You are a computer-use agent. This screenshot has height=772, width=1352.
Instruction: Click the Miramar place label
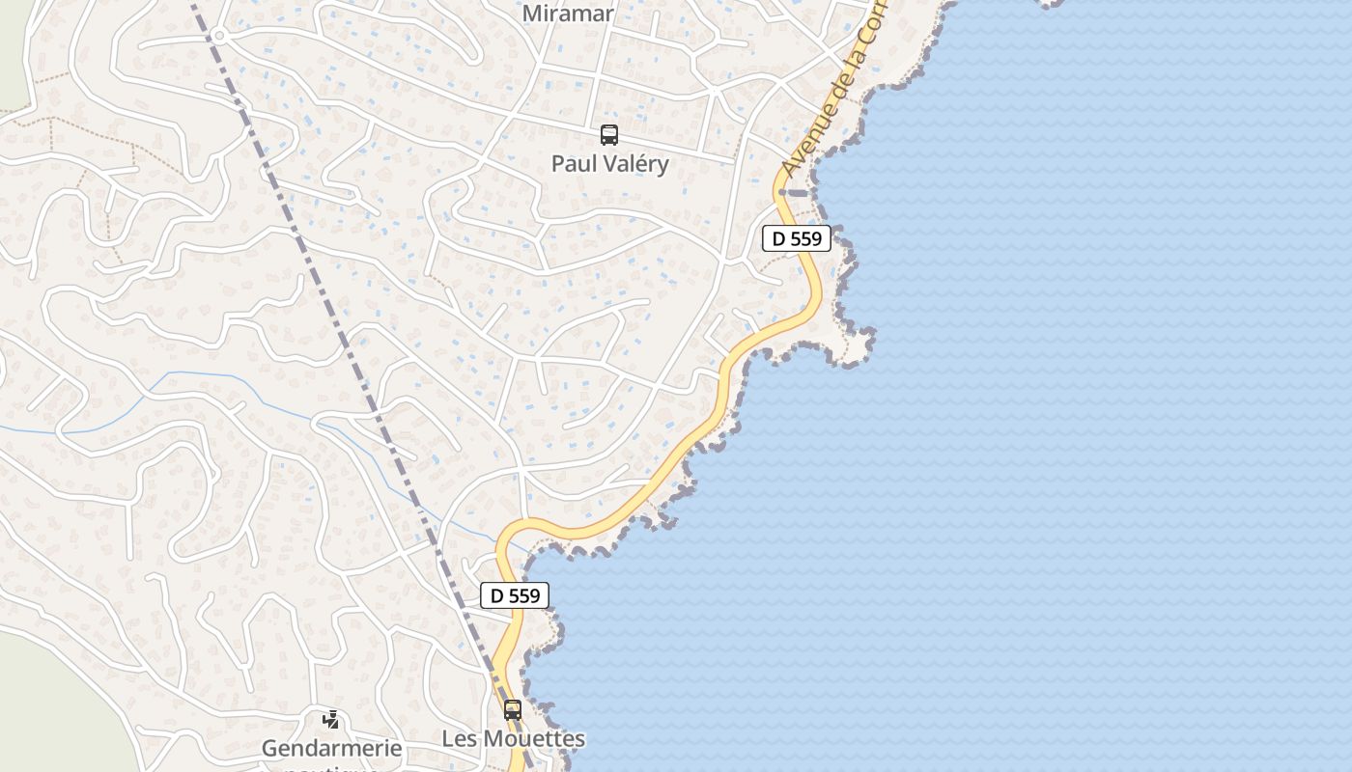568,14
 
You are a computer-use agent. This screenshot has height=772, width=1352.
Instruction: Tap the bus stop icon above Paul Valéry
608,135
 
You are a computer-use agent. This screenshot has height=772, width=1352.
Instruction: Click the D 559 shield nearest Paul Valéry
797,238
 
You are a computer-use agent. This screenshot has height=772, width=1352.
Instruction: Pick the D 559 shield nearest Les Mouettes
515,595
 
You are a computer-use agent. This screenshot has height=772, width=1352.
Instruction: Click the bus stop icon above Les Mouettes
513,710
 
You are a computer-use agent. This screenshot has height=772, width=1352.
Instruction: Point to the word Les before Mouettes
460,739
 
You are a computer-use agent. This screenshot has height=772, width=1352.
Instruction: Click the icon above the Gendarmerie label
331,719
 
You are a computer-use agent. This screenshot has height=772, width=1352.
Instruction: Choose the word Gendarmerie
331,748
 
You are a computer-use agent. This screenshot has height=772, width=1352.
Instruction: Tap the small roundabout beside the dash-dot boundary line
219,36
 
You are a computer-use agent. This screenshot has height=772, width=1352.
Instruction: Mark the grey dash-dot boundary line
319,289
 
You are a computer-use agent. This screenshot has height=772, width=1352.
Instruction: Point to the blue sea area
1062,434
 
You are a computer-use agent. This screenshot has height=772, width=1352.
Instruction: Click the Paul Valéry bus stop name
609,164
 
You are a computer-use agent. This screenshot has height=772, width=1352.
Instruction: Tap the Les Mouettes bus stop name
513,739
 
